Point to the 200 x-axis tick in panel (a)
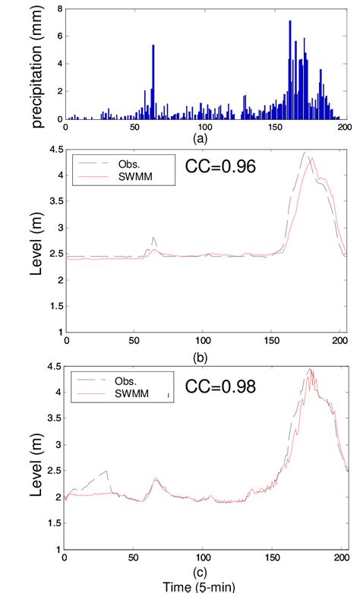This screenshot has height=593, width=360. (x=344, y=128)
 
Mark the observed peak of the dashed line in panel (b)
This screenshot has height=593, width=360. (x=305, y=153)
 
